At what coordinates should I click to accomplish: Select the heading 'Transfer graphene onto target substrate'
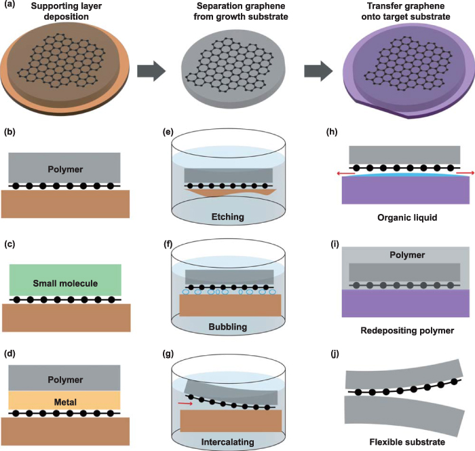point(400,12)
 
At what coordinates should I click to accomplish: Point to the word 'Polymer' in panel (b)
point(65,167)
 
